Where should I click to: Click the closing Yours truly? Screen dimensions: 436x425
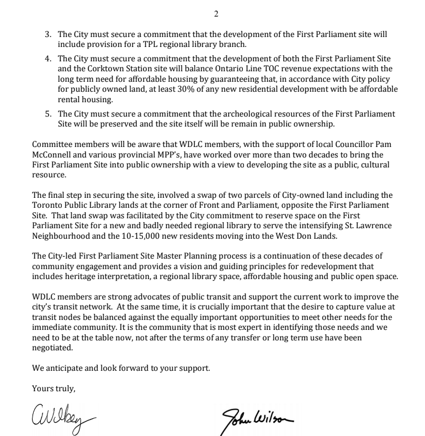click(x=54, y=388)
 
